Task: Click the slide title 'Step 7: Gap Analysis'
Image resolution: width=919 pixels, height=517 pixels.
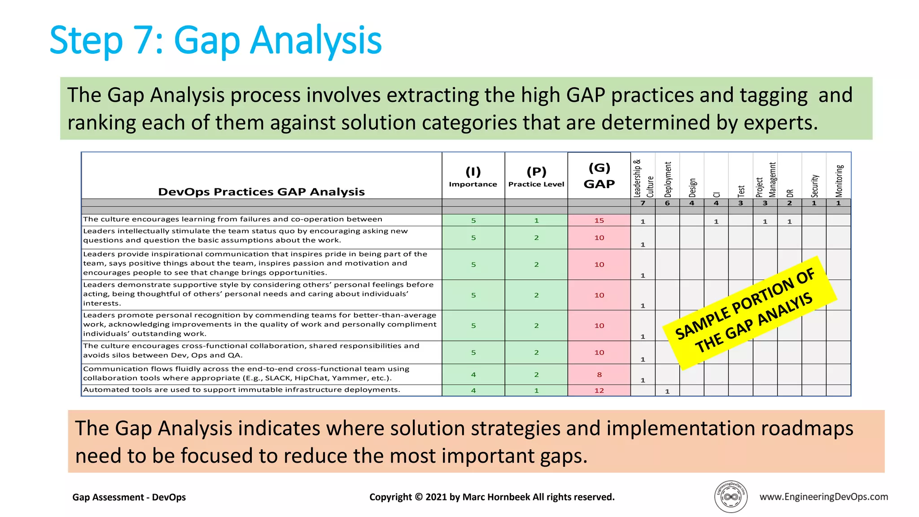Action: (x=215, y=40)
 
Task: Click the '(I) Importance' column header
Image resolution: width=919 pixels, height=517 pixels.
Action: (x=473, y=177)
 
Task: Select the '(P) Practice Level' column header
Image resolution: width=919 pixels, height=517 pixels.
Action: (x=536, y=177)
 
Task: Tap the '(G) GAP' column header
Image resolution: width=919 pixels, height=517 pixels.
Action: (x=599, y=176)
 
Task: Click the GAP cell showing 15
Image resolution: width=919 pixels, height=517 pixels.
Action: (x=599, y=220)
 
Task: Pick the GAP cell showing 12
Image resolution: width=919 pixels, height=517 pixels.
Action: (x=599, y=390)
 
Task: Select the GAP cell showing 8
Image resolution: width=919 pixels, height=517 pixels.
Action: (x=599, y=374)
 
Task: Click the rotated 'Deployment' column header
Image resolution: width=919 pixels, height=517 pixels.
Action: (x=668, y=180)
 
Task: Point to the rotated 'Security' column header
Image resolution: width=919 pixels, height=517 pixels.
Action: (x=814, y=186)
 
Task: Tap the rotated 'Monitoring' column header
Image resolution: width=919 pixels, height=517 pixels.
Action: (x=839, y=181)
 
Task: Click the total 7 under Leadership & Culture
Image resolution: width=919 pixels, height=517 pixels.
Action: (x=643, y=203)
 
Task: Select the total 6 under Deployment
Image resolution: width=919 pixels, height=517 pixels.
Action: (x=667, y=203)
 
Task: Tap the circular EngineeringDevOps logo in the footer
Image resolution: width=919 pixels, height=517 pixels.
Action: (x=731, y=496)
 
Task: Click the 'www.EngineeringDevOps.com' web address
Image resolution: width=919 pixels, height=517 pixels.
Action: (x=823, y=496)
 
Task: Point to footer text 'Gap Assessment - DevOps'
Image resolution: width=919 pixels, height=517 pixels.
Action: (x=129, y=497)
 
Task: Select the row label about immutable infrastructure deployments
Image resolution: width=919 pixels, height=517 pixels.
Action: (x=241, y=390)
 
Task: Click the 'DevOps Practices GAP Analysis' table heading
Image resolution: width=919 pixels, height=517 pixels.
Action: (x=261, y=192)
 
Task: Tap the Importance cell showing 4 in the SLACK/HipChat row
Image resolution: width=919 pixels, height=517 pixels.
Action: (x=473, y=374)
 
